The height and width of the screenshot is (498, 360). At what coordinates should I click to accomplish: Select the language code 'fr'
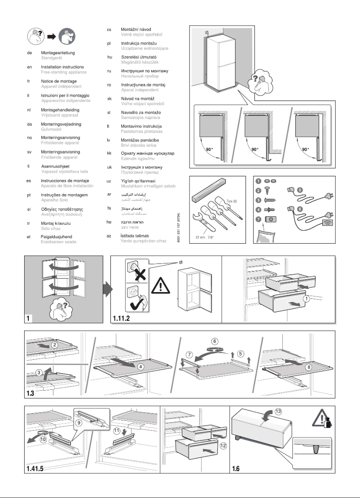(x=29, y=81)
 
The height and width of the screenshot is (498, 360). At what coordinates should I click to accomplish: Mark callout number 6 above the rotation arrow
(x=215, y=341)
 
